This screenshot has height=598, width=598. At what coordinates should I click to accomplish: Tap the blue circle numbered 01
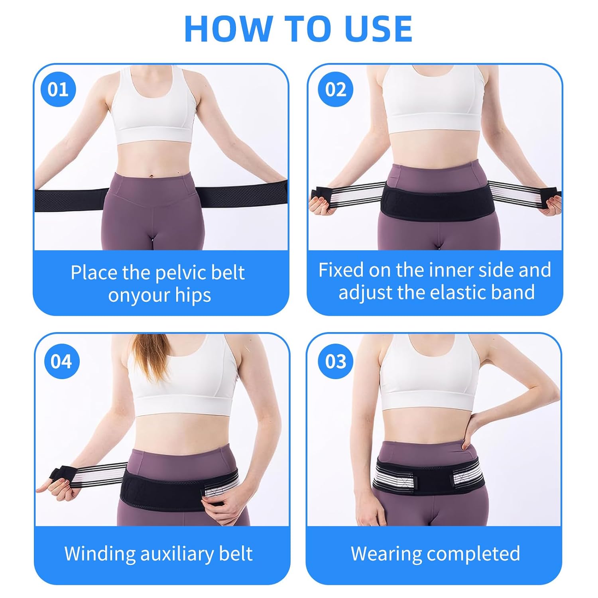point(58,89)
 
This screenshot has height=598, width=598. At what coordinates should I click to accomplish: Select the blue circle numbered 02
point(336,89)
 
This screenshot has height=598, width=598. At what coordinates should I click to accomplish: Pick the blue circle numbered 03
point(336,361)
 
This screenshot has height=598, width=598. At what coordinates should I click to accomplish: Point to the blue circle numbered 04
point(61,361)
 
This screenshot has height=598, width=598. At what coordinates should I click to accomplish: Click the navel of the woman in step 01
point(151,174)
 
